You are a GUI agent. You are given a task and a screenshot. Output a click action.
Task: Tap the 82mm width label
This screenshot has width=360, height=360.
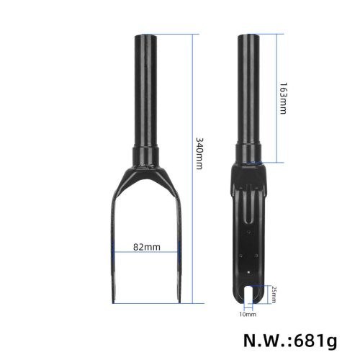(147, 247)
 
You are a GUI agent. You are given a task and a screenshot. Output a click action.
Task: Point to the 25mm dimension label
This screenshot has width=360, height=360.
(273, 293)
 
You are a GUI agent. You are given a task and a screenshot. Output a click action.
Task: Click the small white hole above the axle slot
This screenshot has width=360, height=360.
(249, 271)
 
